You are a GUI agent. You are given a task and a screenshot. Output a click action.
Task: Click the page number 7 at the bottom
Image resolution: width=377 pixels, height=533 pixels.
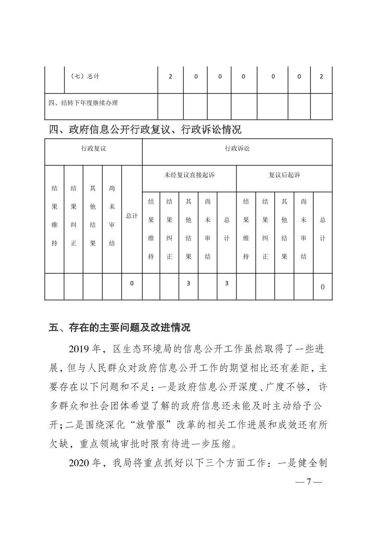pos(309,481)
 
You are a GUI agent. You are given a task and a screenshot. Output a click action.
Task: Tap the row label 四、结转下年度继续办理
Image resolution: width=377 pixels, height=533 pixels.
pos(83,103)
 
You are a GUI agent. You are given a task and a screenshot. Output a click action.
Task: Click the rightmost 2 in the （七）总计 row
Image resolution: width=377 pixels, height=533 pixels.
pos(321,76)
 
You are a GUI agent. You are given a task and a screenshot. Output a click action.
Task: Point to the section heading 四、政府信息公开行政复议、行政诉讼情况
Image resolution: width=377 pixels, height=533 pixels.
pos(145,130)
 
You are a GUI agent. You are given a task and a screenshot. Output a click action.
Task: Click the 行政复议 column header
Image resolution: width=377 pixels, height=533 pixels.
pos(93,148)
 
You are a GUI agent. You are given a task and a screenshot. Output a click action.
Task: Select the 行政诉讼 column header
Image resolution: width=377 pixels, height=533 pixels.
pos(237,148)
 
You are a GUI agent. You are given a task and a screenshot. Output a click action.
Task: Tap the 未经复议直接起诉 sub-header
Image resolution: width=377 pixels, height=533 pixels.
pos(189,175)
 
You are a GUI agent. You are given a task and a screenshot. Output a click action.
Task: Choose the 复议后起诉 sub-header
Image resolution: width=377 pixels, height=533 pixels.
pos(284,175)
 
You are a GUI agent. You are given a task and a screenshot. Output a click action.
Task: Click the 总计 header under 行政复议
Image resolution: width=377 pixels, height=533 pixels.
pos(132,216)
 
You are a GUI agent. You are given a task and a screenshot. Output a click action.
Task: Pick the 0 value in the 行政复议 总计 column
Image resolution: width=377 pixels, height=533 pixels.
pos(132,283)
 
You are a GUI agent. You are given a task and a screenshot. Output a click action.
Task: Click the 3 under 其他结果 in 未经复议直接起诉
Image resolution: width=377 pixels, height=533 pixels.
pos(188,283)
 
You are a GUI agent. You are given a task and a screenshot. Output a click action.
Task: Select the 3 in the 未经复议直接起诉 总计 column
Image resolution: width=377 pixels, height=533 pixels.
pos(226,283)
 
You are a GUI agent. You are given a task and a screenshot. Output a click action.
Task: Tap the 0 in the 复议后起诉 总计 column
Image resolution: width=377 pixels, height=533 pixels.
pos(323,287)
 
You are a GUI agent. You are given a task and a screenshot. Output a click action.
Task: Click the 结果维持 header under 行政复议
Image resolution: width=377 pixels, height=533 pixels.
pos(54,216)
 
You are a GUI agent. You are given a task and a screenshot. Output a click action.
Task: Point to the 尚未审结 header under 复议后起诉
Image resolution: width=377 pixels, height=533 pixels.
pos(304,229)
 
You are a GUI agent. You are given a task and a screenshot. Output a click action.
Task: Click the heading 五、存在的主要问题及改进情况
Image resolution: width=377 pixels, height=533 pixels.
pos(119,328)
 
